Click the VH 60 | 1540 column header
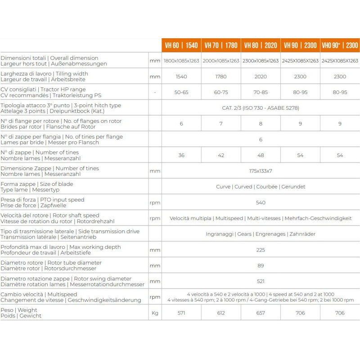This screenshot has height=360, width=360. pyautogui.click(x=181, y=45)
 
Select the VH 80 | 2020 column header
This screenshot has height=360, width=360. pyautogui.click(x=261, y=45)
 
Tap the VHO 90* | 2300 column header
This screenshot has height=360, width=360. pyautogui.click(x=340, y=45)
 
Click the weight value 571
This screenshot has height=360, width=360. pyautogui.click(x=181, y=313)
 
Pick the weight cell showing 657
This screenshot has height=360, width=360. pyautogui.click(x=261, y=313)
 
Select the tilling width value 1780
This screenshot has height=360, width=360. pyautogui.click(x=221, y=76)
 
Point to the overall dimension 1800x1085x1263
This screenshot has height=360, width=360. pyautogui.click(x=181, y=61)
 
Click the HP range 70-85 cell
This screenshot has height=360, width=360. pyautogui.click(x=261, y=92)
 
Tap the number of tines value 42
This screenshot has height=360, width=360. pyautogui.click(x=221, y=155)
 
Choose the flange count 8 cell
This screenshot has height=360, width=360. pyautogui.click(x=261, y=124)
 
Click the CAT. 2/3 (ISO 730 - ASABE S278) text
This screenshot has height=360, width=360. pyautogui.click(x=261, y=108)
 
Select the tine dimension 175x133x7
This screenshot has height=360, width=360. pyautogui.click(x=261, y=171)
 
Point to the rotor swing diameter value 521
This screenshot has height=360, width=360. pyautogui.click(x=261, y=281)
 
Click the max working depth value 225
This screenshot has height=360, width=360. pyautogui.click(x=261, y=250)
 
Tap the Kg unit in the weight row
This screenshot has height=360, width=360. pyautogui.click(x=155, y=313)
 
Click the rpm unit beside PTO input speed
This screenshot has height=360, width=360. pyautogui.click(x=155, y=202)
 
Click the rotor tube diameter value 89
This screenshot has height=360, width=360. pyautogui.click(x=261, y=265)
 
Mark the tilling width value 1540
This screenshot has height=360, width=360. pyautogui.click(x=181, y=76)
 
